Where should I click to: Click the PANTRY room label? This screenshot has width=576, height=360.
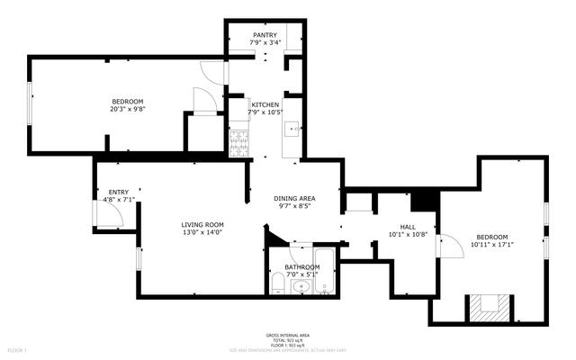click(x=265, y=35)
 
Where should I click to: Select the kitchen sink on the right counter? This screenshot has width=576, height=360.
click(x=292, y=130)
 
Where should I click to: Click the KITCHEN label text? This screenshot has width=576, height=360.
click(x=265, y=104)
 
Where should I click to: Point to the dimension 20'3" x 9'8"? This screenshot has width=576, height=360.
click(x=127, y=109)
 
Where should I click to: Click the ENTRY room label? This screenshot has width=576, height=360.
click(x=118, y=192)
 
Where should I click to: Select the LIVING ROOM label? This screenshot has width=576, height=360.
click(x=202, y=225)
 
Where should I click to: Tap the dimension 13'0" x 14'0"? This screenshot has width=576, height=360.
click(x=202, y=232)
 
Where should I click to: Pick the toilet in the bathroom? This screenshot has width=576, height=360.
click(x=279, y=286)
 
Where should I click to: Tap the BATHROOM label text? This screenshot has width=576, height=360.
click(x=301, y=267)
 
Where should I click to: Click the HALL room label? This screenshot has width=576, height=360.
click(x=407, y=227)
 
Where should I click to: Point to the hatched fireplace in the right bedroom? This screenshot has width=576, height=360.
click(x=487, y=309)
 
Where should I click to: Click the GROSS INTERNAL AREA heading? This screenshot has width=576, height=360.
click(x=287, y=333)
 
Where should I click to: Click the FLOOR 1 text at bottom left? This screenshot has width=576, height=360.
click(x=18, y=348)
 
